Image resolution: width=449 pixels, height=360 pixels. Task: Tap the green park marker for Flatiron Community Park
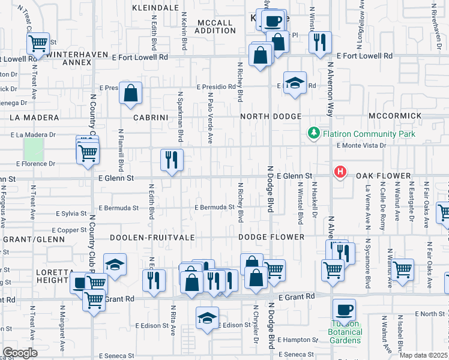point(313,133)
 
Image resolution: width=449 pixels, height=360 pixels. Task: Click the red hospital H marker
point(340,172)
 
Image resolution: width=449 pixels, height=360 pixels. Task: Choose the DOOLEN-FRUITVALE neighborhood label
point(152,238)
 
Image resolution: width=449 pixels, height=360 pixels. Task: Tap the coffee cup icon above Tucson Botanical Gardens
point(344,310)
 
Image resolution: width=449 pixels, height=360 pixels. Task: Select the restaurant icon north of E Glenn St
point(172,160)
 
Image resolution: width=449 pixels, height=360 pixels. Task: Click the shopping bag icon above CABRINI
point(130,93)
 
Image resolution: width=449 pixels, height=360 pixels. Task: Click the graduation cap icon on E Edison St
point(207,318)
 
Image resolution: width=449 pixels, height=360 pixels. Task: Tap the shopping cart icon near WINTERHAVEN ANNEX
point(38,43)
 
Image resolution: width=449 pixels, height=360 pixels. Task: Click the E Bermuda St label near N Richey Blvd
point(214,208)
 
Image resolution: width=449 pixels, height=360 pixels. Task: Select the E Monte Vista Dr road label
point(361,145)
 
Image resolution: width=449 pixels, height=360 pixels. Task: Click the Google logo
point(20,353)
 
